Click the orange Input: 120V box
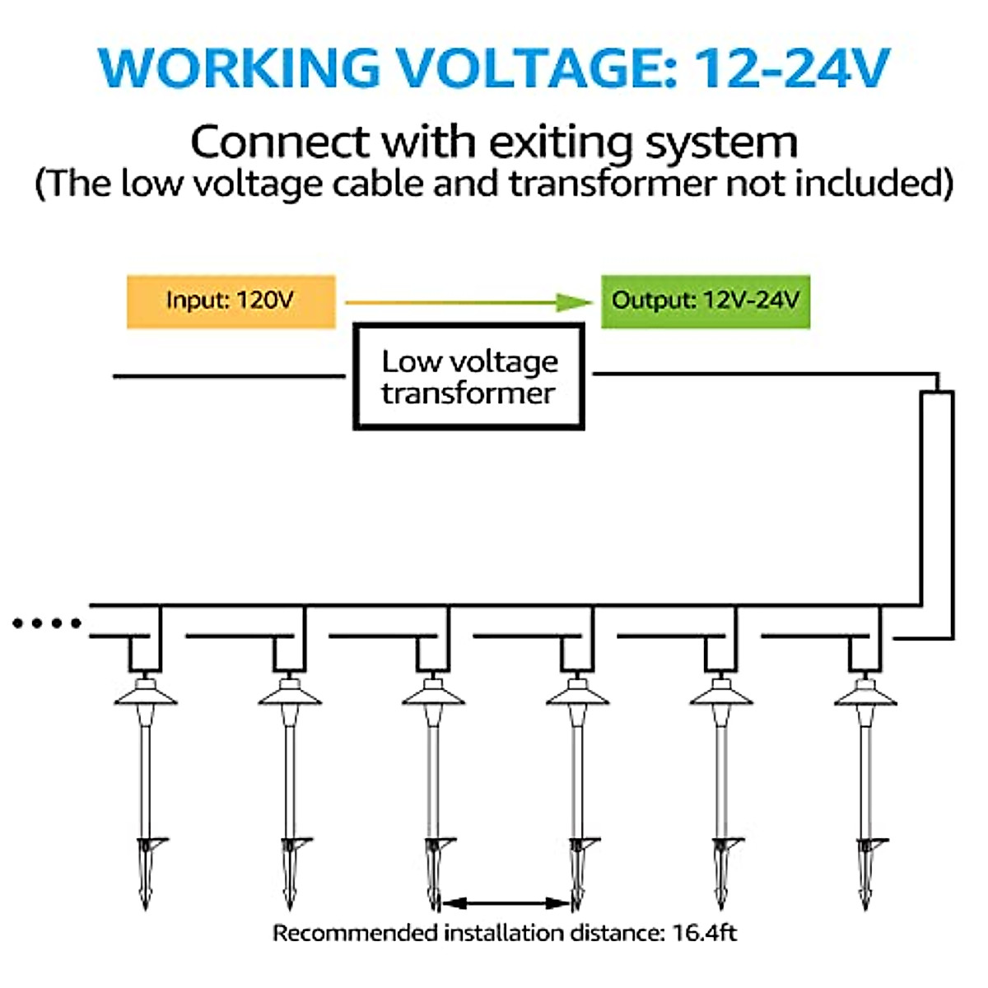tap(231, 301)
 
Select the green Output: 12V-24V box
tap(706, 301)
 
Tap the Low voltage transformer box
tap(468, 376)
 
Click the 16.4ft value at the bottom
tap(705, 933)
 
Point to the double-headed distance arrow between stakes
tap(505, 903)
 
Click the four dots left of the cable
tap(47, 623)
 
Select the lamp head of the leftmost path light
tap(146, 694)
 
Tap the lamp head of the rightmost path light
tap(864, 694)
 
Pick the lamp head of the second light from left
tap(290, 694)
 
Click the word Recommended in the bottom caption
tap(356, 933)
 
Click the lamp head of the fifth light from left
tap(721, 694)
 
